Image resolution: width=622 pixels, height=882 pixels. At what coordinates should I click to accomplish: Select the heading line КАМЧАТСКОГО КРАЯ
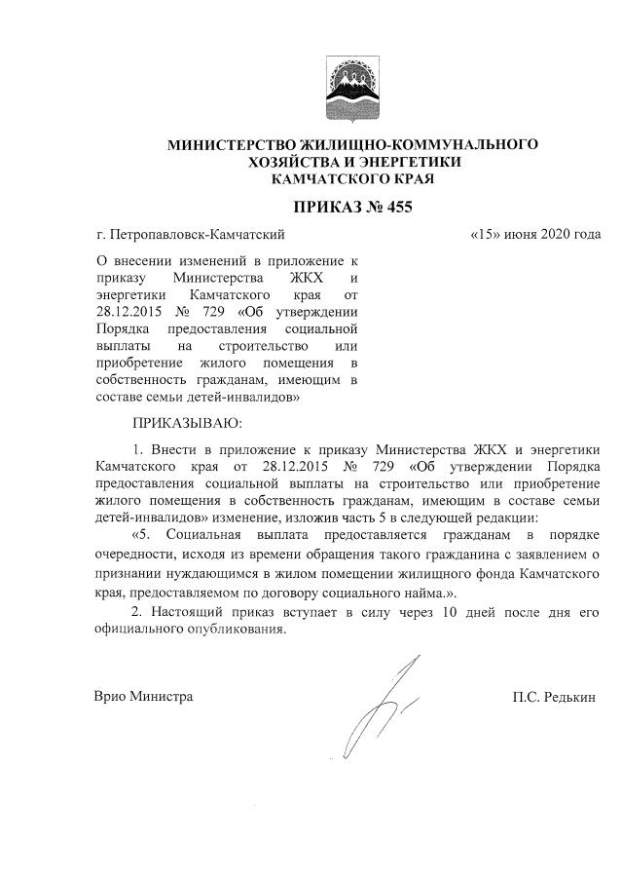(x=352, y=179)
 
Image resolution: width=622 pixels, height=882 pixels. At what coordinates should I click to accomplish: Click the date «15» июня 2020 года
(x=534, y=235)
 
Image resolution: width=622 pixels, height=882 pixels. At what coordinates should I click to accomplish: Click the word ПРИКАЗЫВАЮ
(x=184, y=424)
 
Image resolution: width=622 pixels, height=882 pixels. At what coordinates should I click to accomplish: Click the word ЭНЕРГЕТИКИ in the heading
(x=408, y=162)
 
